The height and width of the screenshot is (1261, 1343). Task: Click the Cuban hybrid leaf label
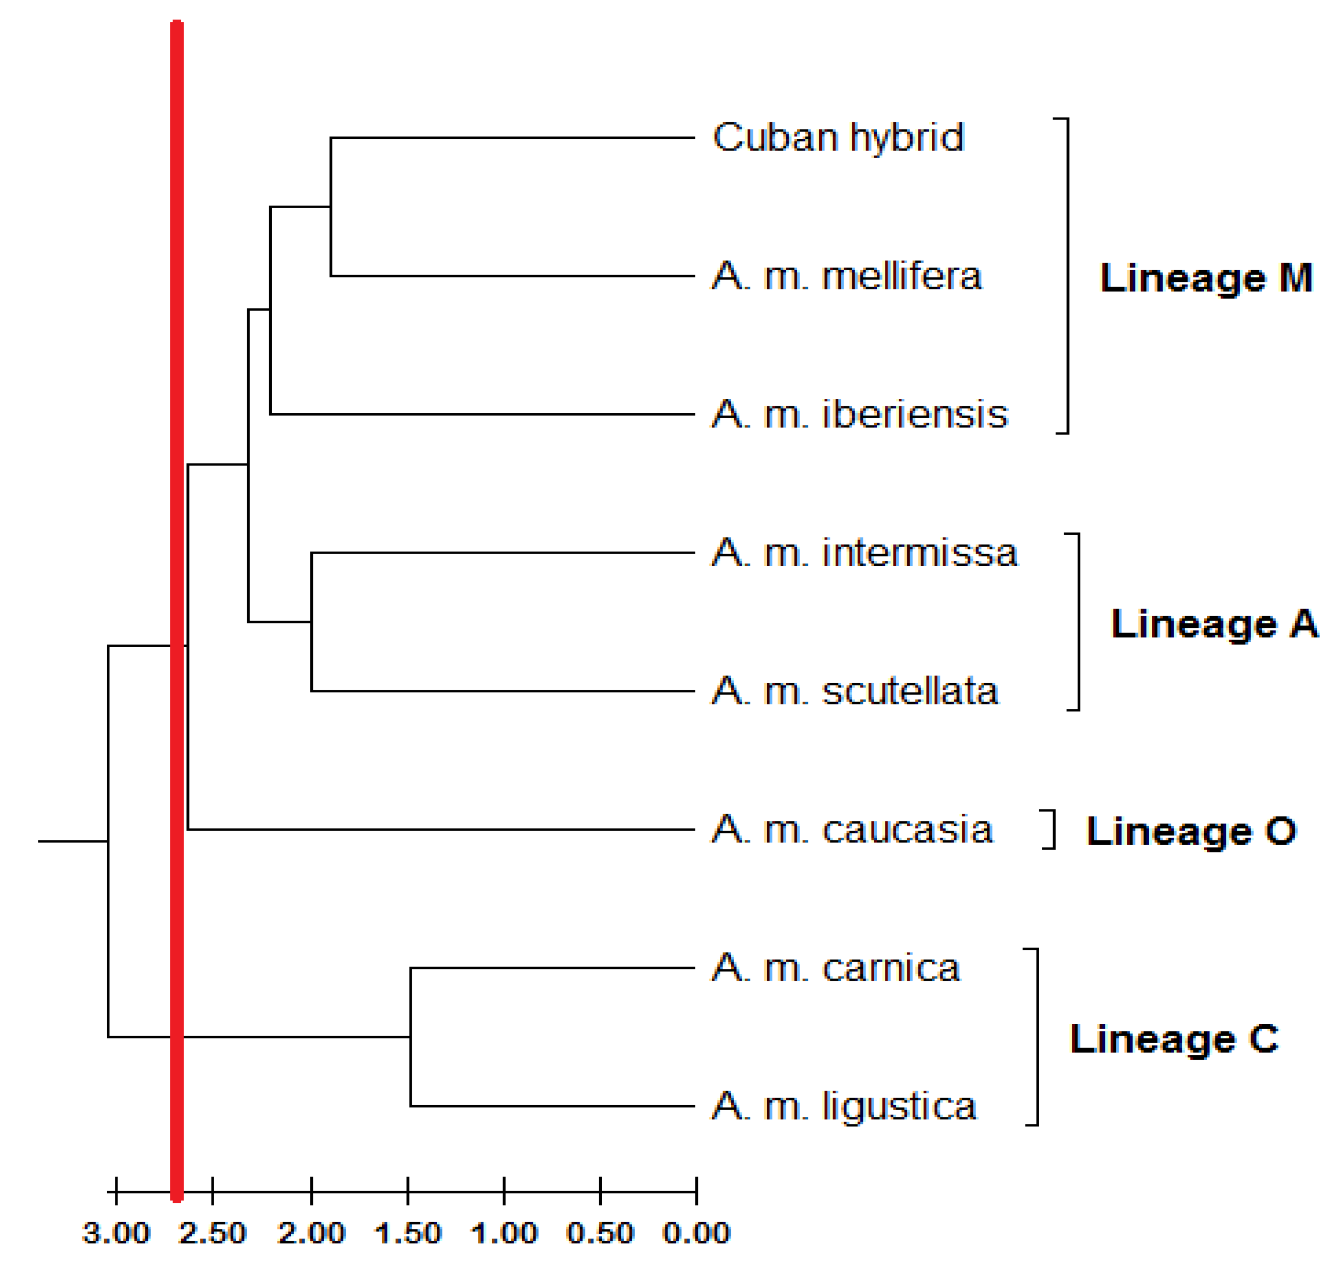838,138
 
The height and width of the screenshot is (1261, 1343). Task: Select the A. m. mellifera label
846,276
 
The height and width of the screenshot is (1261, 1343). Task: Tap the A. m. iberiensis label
859,414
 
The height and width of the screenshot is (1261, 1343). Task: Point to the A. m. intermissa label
864,553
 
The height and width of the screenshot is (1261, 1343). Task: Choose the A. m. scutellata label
854,691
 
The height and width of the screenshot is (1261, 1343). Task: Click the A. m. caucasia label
852,830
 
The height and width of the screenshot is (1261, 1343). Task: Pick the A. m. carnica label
836,968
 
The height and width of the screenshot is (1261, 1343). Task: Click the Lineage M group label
1206,278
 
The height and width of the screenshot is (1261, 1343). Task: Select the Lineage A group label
1214,624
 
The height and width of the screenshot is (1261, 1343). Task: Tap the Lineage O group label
1191,831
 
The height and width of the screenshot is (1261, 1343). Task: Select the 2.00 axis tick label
311,1233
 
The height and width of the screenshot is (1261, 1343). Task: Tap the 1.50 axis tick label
407,1233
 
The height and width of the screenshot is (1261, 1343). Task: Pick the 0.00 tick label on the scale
696,1233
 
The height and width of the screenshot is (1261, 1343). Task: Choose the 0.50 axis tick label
600,1233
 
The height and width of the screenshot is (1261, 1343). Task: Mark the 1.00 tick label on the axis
504,1233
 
